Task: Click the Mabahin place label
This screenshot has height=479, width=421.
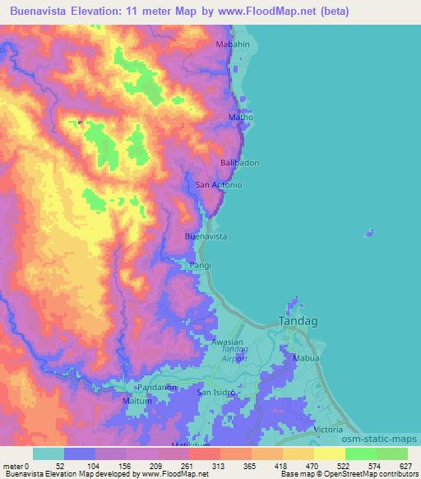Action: (x=233, y=44)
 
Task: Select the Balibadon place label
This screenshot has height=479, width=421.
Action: (x=240, y=163)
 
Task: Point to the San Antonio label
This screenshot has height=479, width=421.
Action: (x=219, y=185)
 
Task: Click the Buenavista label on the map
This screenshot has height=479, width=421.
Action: (x=206, y=236)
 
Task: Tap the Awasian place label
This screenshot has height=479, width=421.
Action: (x=228, y=342)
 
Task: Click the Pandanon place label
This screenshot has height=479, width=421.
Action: (x=158, y=386)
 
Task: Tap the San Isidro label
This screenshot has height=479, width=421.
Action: (x=217, y=393)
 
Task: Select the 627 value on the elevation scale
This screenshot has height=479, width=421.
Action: (x=406, y=466)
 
